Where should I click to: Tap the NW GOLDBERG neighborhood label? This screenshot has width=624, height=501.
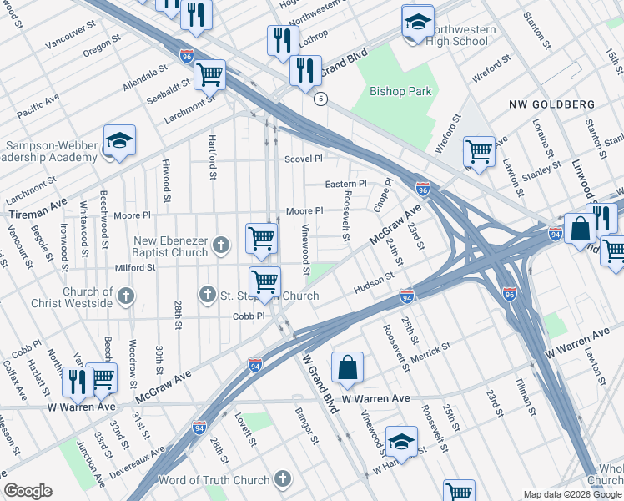tap(552, 104)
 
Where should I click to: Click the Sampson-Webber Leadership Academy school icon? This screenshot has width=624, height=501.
tap(119, 141)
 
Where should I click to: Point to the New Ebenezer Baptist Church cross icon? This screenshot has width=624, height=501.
tap(220, 245)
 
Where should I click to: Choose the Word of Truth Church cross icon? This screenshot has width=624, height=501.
tap(283, 479)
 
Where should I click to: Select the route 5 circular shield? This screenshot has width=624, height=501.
tap(320, 99)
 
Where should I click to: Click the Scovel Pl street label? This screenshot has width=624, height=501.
tap(303, 159)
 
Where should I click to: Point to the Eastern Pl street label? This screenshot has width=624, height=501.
tap(345, 184)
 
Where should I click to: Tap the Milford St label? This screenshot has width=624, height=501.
tap(134, 267)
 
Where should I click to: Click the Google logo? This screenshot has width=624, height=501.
tap(28, 491)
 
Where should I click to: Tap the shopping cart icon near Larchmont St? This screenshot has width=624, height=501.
tap(209, 74)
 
